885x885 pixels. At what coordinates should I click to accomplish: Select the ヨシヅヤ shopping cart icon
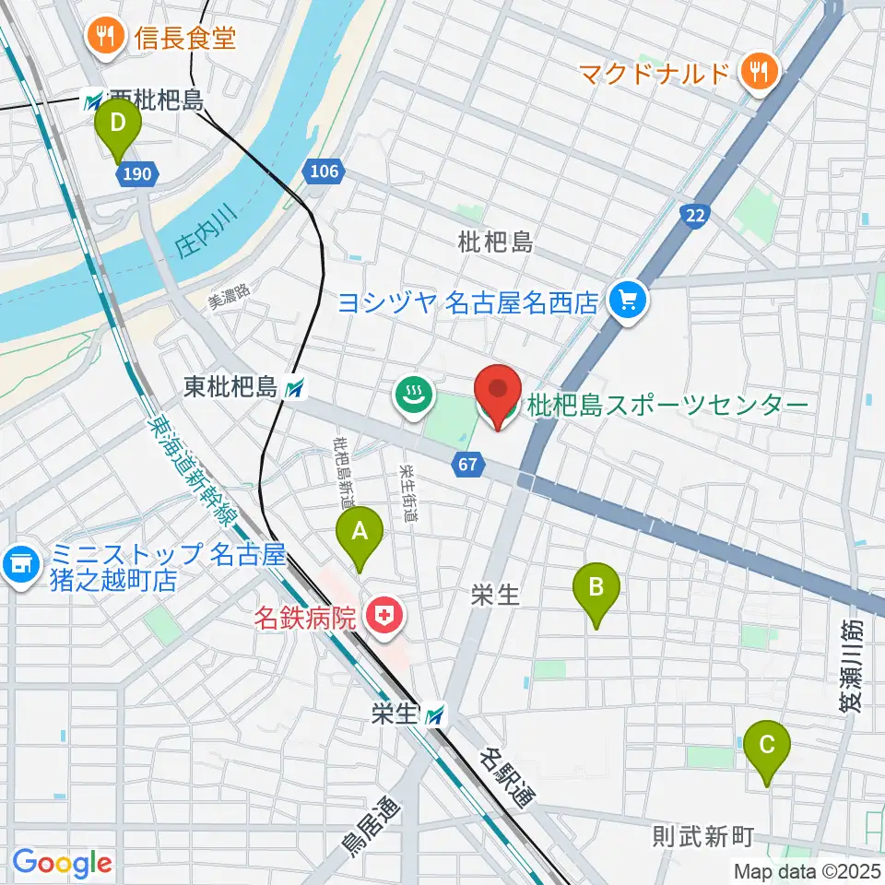[x=629, y=301]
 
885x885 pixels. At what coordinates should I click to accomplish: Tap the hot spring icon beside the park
[x=414, y=396]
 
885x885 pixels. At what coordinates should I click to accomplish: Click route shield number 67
[x=468, y=465]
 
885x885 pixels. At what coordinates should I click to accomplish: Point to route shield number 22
[x=695, y=215]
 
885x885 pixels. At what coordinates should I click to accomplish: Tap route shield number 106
[x=324, y=171]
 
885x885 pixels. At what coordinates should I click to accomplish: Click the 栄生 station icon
[x=435, y=714]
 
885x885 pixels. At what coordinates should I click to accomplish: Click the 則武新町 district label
[x=702, y=837]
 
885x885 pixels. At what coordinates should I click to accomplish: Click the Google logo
[x=62, y=864]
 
